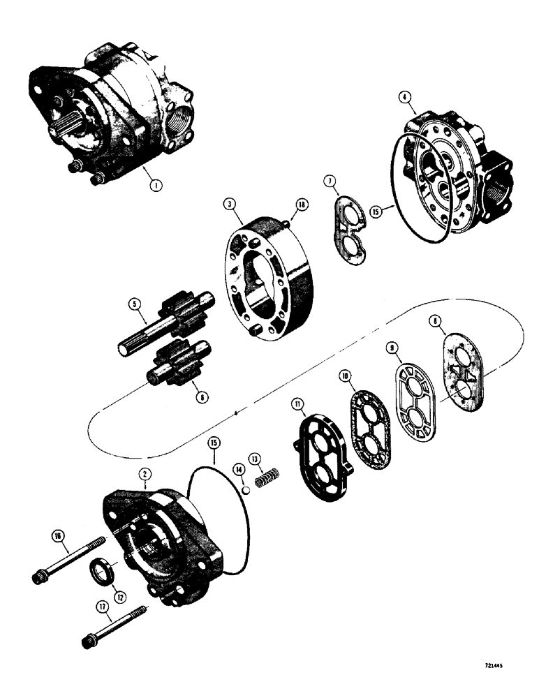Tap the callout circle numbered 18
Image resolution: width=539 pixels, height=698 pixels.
pos(300,204)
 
